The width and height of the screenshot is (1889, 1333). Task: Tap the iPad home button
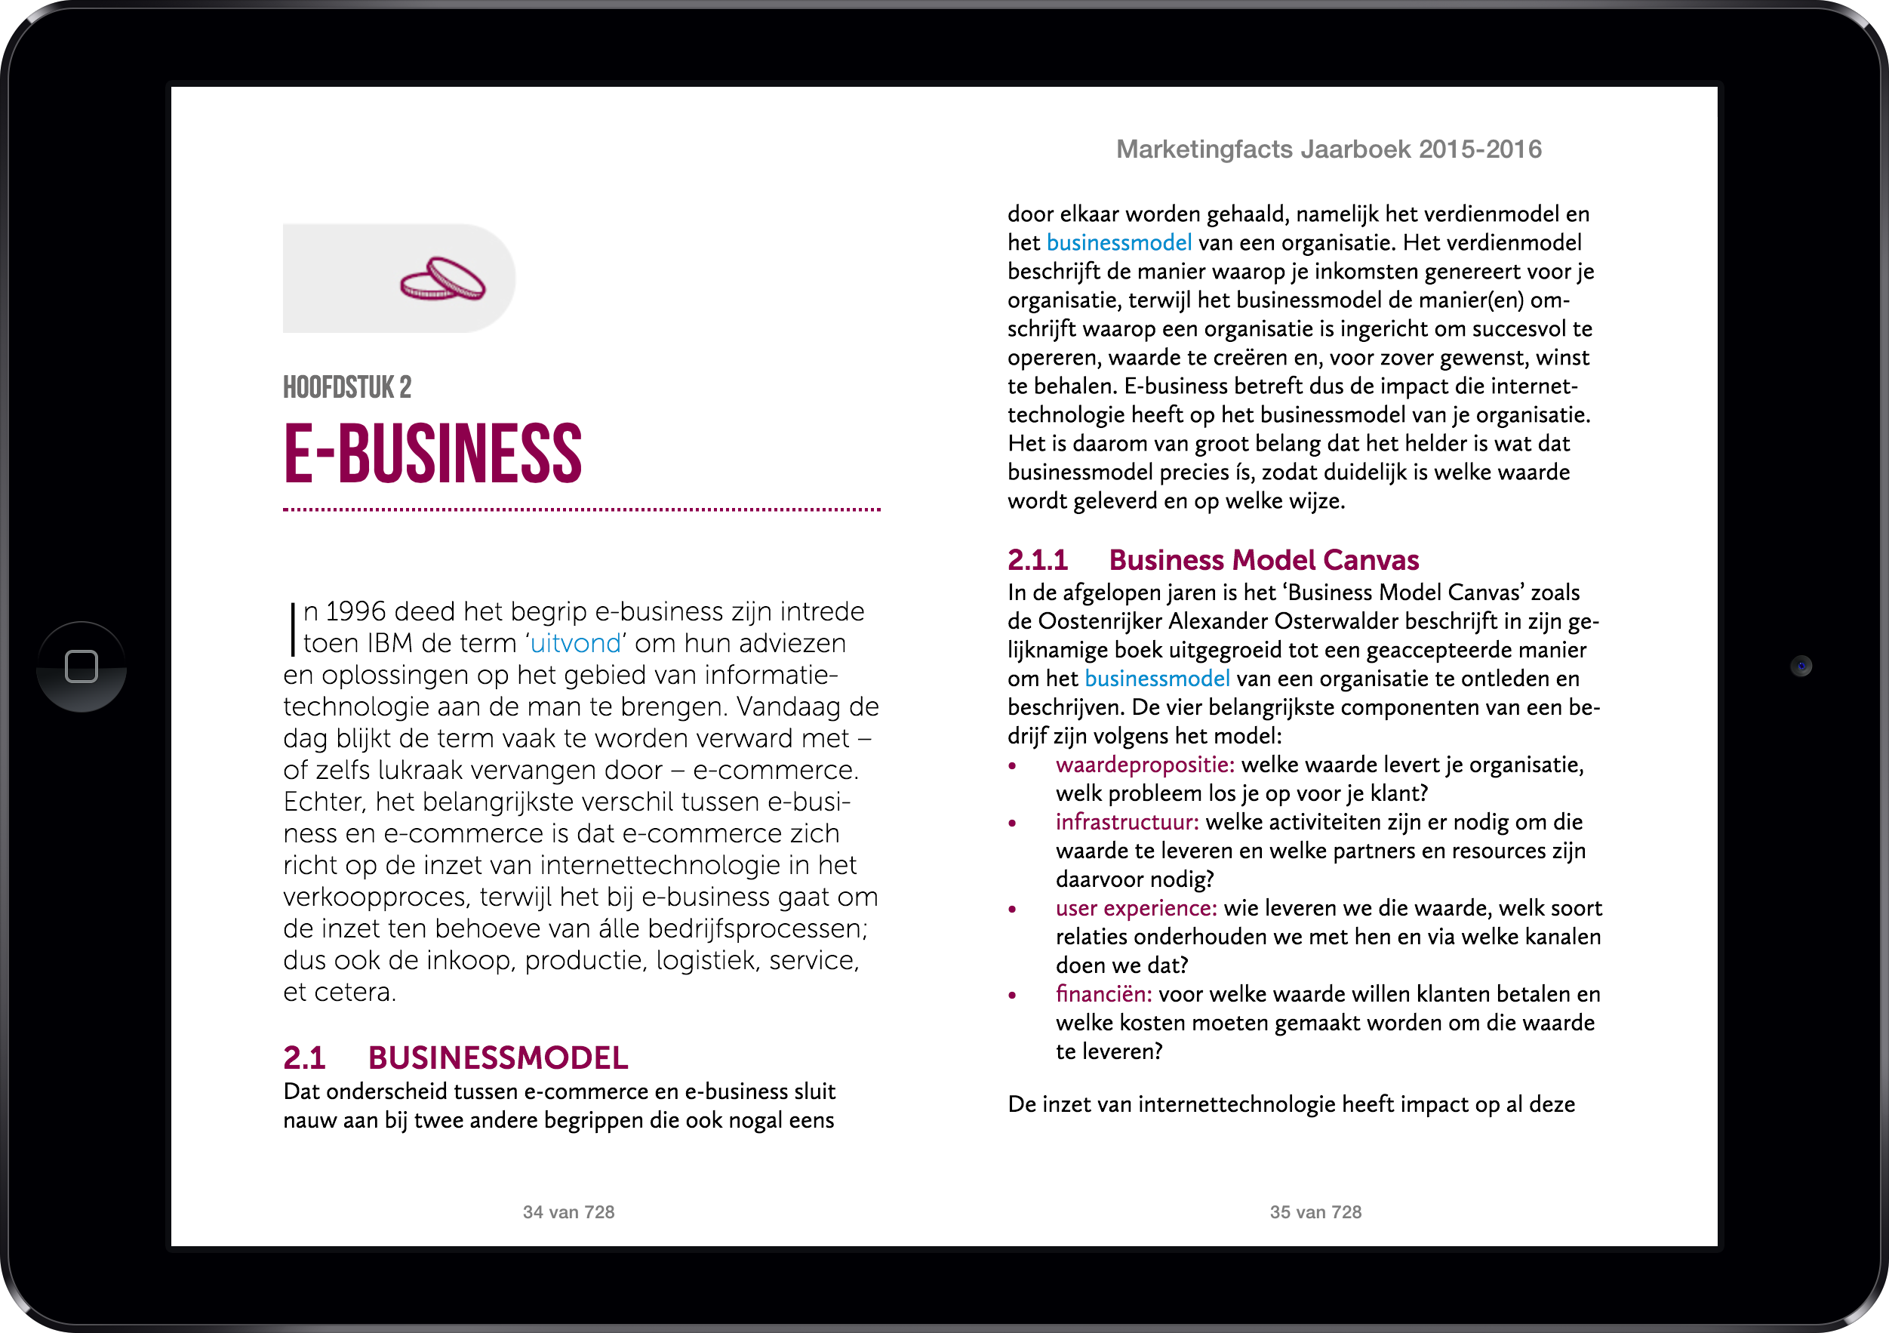[82, 666]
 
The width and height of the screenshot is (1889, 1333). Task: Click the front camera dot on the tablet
[1801, 666]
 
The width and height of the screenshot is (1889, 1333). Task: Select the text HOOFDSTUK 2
[347, 387]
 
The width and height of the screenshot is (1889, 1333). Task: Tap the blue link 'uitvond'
[575, 642]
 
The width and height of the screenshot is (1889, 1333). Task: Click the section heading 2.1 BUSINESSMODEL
[455, 1057]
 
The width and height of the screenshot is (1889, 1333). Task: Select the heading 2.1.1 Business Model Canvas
[1213, 559]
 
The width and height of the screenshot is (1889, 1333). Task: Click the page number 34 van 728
[568, 1211]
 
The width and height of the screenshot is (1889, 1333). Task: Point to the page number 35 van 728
[1315, 1211]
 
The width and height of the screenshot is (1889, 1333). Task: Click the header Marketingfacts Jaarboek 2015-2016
[1328, 149]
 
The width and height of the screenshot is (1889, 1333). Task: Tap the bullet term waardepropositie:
[1144, 765]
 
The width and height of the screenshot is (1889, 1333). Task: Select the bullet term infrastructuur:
[1126, 821]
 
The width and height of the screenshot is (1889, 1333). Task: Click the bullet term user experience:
[1135, 907]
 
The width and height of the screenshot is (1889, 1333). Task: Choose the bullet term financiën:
[1103, 994]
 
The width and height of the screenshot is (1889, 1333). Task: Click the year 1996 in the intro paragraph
[355, 611]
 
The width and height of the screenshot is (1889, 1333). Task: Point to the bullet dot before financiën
[1013, 995]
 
